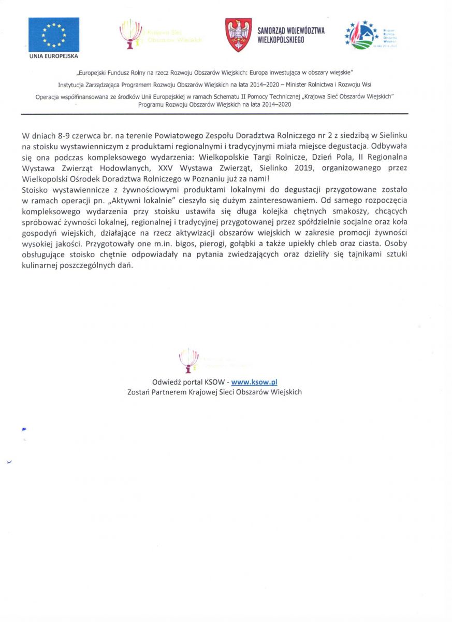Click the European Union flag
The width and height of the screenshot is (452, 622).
pos(54,34)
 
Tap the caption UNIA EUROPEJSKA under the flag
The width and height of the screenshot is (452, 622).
pos(54,56)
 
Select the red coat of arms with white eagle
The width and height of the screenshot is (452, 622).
pos(238,35)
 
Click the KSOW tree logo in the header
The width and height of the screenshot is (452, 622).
pos(130,34)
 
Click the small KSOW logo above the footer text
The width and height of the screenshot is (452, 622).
pos(188,359)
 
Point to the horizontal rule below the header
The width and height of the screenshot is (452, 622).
pos(214,114)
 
